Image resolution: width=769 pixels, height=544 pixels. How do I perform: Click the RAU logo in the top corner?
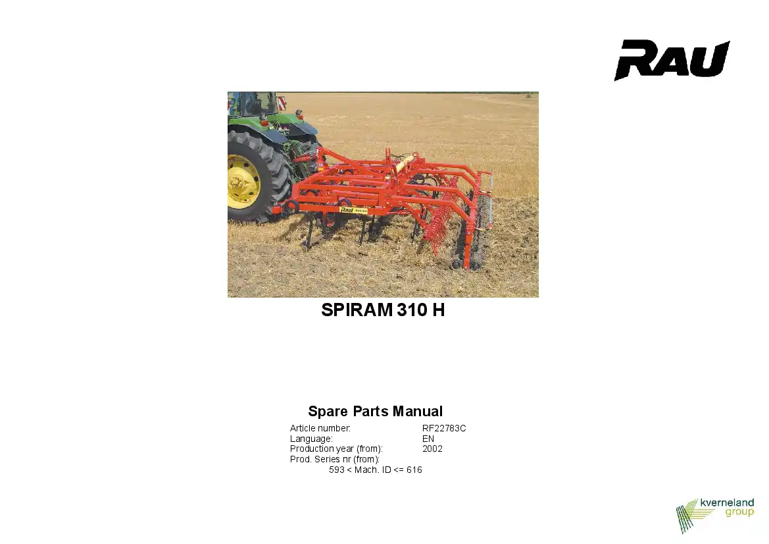(672, 60)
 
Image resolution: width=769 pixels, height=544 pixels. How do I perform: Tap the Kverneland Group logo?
(714, 515)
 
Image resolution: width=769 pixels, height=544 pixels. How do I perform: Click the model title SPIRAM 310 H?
(383, 310)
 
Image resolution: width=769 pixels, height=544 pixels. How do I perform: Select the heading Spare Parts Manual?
(375, 411)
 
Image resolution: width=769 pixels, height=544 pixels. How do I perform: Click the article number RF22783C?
(444, 428)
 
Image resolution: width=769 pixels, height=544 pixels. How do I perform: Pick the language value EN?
(428, 439)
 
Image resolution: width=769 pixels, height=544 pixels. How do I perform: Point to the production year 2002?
(432, 449)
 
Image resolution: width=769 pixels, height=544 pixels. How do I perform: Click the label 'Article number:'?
(320, 428)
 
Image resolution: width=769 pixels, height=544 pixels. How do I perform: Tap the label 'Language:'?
(311, 439)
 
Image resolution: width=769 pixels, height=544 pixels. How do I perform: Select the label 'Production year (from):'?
(336, 449)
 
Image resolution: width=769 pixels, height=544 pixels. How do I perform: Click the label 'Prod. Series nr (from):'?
(335, 460)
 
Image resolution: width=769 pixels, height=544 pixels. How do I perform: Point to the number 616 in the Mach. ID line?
(414, 470)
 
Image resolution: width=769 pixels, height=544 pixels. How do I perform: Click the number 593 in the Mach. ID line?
(336, 470)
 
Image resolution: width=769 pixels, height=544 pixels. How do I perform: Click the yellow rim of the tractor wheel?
(242, 182)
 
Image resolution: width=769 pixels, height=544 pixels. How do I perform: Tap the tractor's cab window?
(253, 103)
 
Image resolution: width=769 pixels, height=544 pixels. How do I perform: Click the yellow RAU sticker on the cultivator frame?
(353, 210)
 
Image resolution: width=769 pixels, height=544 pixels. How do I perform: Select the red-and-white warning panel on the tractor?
(282, 103)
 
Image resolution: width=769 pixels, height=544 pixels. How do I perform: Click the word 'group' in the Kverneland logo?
(739, 512)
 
